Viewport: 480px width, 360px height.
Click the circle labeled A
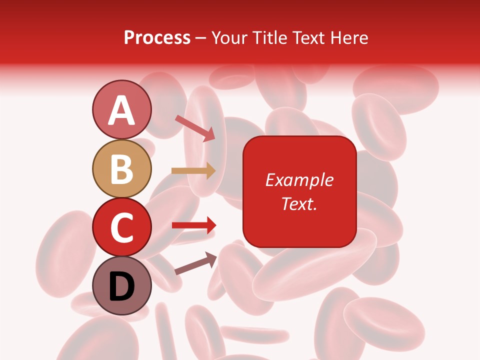(x=121, y=109)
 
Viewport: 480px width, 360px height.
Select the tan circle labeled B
(x=121, y=168)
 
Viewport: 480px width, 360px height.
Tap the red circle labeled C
(x=121, y=227)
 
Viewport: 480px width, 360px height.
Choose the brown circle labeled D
(x=121, y=286)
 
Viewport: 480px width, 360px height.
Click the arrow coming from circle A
(x=195, y=128)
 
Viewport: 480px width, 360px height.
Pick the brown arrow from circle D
(x=195, y=263)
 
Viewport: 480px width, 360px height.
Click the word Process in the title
(x=157, y=38)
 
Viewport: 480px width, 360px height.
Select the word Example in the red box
(x=299, y=180)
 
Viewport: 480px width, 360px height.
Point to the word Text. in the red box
(x=299, y=203)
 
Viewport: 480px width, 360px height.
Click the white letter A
(x=121, y=110)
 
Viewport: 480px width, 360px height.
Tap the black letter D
(x=121, y=286)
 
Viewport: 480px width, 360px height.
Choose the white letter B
(x=121, y=169)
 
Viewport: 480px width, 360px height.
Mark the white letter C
(x=121, y=227)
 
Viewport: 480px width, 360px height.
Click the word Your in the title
(x=229, y=38)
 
